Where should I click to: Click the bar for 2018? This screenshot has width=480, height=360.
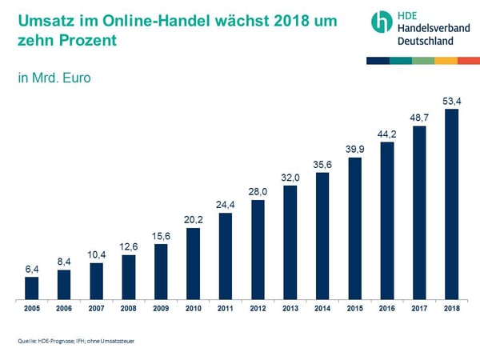click(x=451, y=203)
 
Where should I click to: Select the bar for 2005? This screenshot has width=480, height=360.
click(x=31, y=287)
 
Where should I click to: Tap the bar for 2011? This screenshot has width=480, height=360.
click(x=226, y=255)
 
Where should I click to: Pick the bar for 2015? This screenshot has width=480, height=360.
click(x=354, y=227)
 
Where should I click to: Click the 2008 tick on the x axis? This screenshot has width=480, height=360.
click(x=128, y=307)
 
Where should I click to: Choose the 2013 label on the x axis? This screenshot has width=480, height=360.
click(x=290, y=307)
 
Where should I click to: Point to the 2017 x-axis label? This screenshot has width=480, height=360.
click(x=419, y=307)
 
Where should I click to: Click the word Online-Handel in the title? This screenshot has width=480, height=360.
click(x=148, y=20)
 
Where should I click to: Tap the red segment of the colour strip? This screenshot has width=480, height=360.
click(x=469, y=61)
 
